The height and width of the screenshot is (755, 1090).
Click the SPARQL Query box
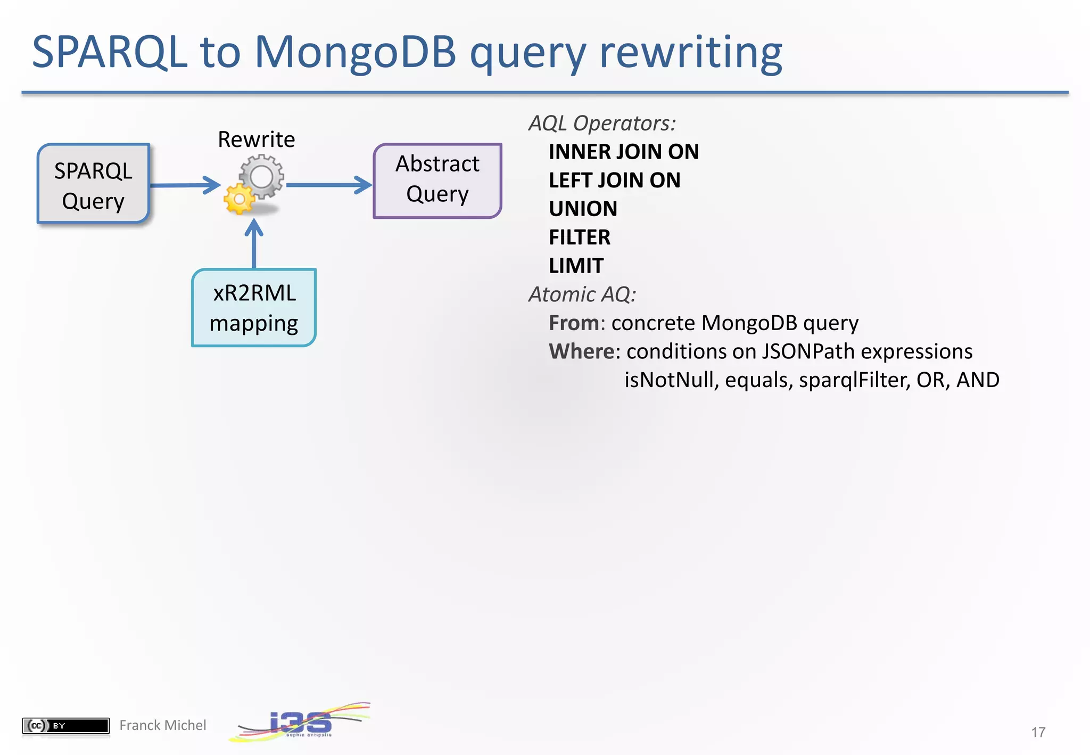click(x=93, y=184)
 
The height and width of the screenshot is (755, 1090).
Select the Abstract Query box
click(x=437, y=180)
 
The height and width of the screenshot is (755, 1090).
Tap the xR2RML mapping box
click(x=254, y=308)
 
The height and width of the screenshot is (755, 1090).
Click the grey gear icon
click(x=261, y=176)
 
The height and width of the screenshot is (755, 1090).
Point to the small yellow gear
click(x=238, y=199)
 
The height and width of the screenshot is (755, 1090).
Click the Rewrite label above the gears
click(x=256, y=139)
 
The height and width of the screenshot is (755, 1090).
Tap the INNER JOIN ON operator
click(x=623, y=152)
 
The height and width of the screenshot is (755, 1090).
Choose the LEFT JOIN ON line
click(x=614, y=180)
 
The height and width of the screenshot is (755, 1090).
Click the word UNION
click(x=583, y=209)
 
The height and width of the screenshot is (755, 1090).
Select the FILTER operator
click(x=579, y=237)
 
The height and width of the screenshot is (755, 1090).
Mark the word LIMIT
click(x=576, y=266)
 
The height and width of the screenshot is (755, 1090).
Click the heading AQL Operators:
click(x=602, y=124)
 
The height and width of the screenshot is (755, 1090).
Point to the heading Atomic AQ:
click(x=582, y=294)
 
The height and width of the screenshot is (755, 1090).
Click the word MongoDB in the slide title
click(x=355, y=52)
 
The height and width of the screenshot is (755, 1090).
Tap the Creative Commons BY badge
click(x=65, y=725)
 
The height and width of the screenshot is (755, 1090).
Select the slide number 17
click(x=1038, y=732)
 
